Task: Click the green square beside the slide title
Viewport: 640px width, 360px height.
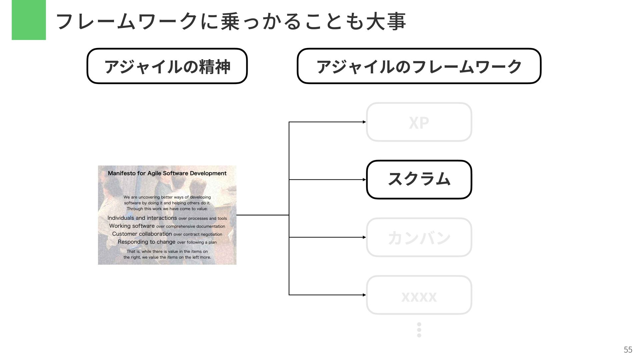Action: click(x=29, y=20)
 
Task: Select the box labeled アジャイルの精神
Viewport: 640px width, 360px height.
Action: click(x=167, y=66)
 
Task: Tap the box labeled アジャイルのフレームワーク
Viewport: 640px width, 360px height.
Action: click(x=419, y=66)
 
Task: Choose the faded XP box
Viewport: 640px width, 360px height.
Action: click(x=419, y=122)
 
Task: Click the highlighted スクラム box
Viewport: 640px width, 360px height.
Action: click(x=419, y=179)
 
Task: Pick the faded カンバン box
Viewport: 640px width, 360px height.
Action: click(x=419, y=237)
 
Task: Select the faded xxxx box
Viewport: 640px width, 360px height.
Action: click(x=419, y=295)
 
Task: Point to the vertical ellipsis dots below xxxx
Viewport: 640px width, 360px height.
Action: click(x=419, y=330)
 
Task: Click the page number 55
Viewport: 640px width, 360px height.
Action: click(x=628, y=350)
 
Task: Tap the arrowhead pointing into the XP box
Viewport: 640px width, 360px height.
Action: click(x=364, y=122)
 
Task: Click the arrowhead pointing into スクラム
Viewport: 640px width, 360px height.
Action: click(x=364, y=180)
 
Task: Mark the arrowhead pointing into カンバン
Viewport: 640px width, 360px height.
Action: click(x=364, y=237)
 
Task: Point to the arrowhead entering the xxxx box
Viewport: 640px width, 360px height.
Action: click(x=364, y=295)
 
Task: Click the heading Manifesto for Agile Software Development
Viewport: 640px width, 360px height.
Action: click(x=167, y=173)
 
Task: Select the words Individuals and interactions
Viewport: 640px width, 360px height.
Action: click(x=142, y=218)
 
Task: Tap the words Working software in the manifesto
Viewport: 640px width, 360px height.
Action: click(x=132, y=226)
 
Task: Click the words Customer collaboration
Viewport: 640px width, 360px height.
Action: click(x=142, y=234)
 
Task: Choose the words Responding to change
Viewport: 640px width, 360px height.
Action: click(x=146, y=242)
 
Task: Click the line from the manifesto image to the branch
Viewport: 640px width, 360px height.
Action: click(x=262, y=215)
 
